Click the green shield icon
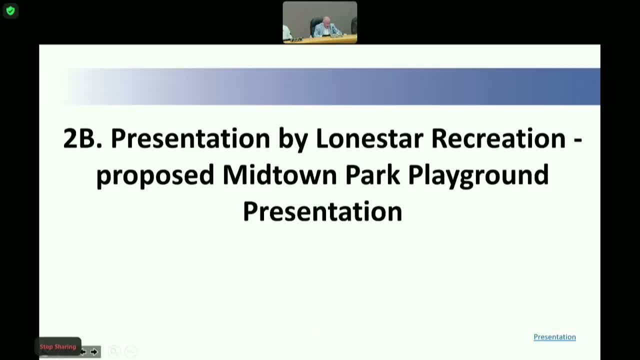10,11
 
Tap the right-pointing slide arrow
94,351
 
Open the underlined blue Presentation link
554,337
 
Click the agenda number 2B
82,138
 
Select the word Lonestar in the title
369,138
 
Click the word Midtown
279,175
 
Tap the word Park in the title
372,175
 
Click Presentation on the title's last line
322,211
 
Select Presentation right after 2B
190,138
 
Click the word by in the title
293,140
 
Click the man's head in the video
327,21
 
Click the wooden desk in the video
320,39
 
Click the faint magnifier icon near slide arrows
113,351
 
